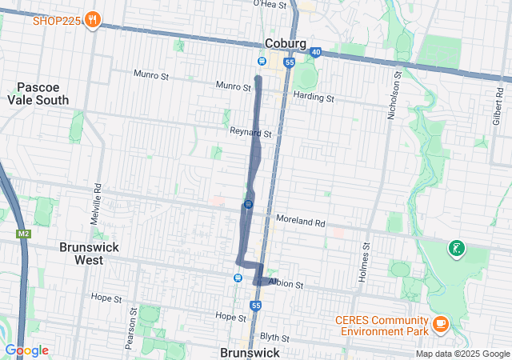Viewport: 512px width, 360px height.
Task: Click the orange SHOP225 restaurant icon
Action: point(94,20)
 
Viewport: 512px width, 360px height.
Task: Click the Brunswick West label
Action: point(89,254)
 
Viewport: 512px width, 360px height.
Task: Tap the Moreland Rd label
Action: point(300,220)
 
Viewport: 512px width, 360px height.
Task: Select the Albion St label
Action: point(286,284)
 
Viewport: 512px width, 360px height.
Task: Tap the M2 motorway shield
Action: point(22,234)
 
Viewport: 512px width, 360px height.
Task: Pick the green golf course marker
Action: point(456,249)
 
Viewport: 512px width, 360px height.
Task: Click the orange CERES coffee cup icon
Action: point(440,322)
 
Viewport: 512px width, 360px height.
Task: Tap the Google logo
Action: point(26,350)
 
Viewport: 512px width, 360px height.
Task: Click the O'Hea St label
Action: point(270,4)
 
